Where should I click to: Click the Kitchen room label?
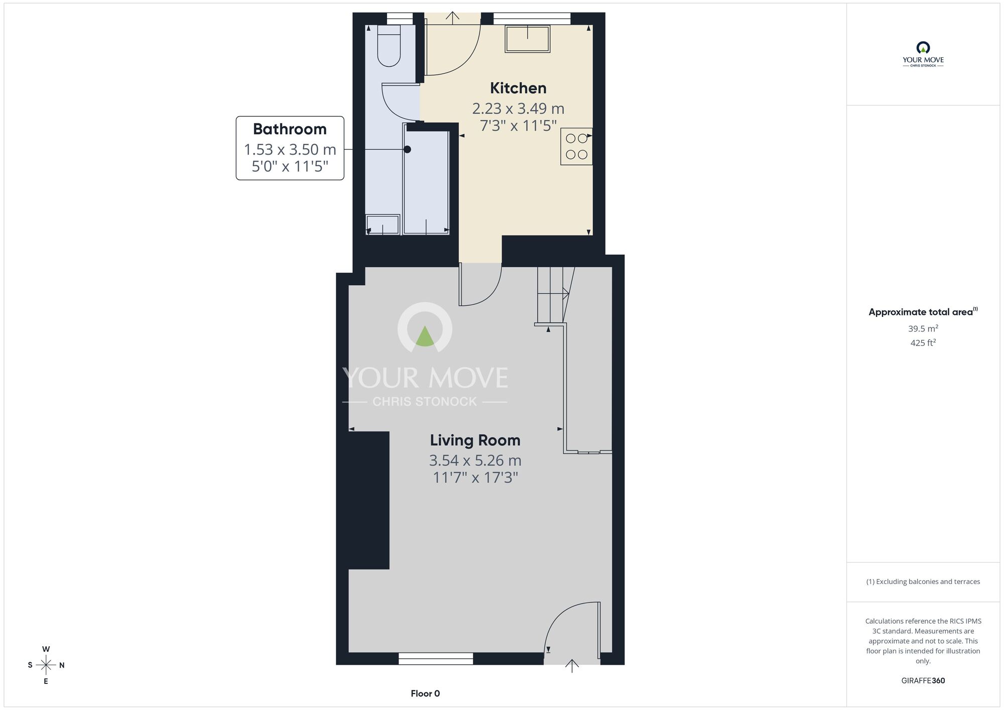(x=518, y=88)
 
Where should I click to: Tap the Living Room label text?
(x=475, y=440)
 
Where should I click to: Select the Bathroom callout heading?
(x=290, y=129)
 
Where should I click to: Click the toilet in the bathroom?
(x=389, y=46)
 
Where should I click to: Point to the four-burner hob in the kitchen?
(x=576, y=146)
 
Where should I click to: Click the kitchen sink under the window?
(x=528, y=39)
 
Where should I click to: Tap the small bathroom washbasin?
(x=383, y=224)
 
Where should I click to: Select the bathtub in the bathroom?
(x=426, y=183)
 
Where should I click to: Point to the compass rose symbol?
(x=46, y=666)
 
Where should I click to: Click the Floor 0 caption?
(x=425, y=693)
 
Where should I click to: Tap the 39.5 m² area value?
(x=923, y=329)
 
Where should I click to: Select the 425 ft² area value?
(x=923, y=343)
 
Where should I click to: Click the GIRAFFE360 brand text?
(x=923, y=681)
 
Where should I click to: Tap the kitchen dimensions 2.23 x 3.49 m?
(x=518, y=108)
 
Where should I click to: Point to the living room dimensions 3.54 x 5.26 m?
(x=475, y=460)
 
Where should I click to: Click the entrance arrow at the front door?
(x=572, y=666)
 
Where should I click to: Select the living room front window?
(x=436, y=658)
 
